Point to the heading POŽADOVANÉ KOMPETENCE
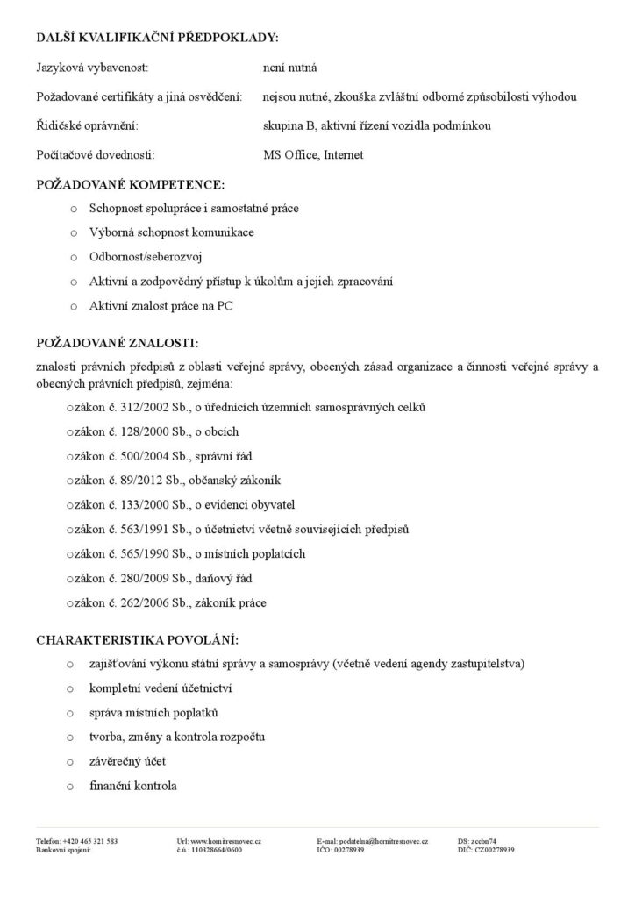click(x=130, y=185)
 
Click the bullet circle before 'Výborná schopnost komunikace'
click(x=72, y=232)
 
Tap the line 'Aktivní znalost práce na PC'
click(x=161, y=306)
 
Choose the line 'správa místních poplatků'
click(x=153, y=712)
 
